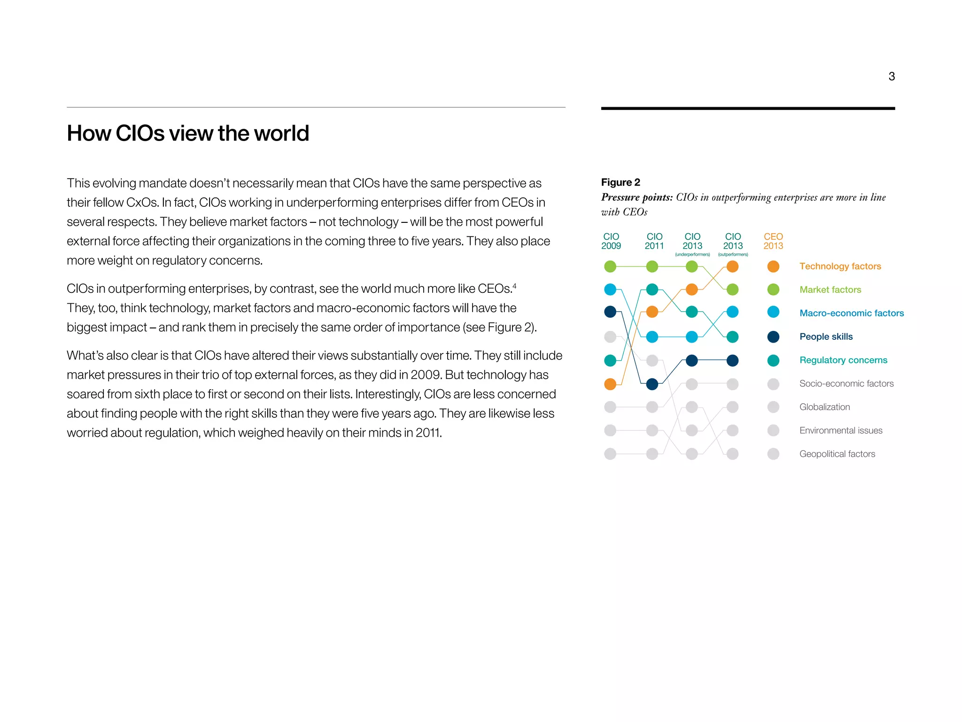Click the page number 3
[891, 77]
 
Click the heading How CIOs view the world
[188, 133]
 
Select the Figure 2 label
[620, 182]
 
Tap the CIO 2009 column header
[611, 241]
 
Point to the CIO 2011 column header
[654, 241]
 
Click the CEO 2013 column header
[773, 241]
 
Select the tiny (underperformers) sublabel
[692, 255]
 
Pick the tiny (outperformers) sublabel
[732, 255]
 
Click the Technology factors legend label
[840, 267]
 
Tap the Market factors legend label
[830, 290]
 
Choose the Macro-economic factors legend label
[851, 314]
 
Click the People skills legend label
[826, 337]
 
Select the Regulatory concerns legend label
[843, 361]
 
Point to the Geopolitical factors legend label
[837, 454]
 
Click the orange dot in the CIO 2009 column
[610, 384]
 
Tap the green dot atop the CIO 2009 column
[610, 267]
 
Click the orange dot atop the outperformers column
[732, 267]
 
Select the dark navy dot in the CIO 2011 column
[652, 384]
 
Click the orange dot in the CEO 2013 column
[773, 267]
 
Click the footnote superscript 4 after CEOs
[514, 285]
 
